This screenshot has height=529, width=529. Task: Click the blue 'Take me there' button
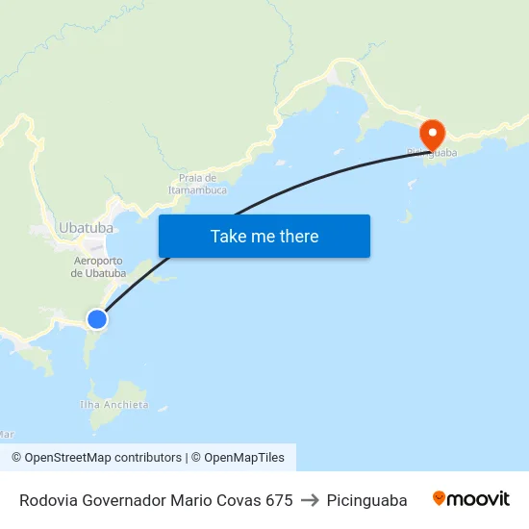click(x=264, y=236)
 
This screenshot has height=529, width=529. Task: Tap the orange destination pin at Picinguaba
click(x=432, y=134)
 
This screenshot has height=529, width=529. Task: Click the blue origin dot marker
click(x=97, y=318)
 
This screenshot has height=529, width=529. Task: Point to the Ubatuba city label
click(x=86, y=228)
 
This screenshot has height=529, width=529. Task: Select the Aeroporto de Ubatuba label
click(x=98, y=266)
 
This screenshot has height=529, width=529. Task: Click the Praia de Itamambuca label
click(x=197, y=184)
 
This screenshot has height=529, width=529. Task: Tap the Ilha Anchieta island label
click(x=114, y=405)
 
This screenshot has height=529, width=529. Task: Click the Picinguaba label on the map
click(x=432, y=152)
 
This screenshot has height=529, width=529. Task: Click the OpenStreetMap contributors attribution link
click(x=103, y=458)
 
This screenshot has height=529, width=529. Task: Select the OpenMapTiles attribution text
click(x=243, y=458)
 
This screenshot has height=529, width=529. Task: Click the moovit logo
click(x=471, y=499)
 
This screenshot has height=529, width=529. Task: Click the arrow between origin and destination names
click(x=310, y=500)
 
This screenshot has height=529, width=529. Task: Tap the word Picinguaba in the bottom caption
click(x=366, y=500)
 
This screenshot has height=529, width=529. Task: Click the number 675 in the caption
click(x=279, y=500)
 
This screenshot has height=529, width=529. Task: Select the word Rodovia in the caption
click(x=48, y=500)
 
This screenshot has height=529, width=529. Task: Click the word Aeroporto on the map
click(x=98, y=261)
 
